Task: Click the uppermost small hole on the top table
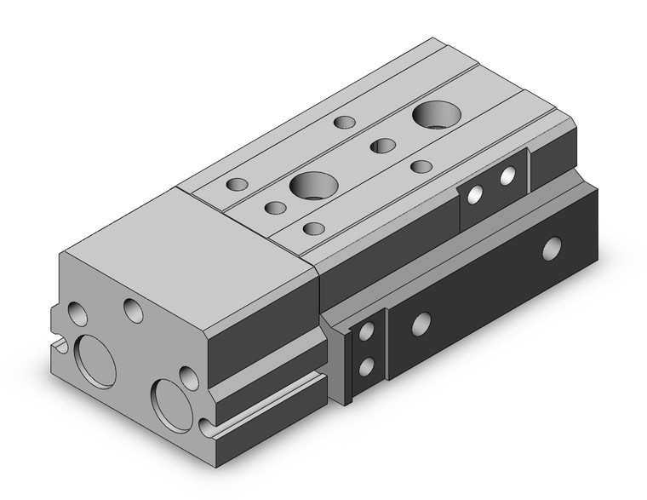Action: pyautogui.click(x=345, y=122)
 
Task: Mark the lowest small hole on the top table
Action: pyautogui.click(x=313, y=228)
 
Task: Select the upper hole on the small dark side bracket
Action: pyautogui.click(x=507, y=176)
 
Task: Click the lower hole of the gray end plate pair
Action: pyautogui.click(x=368, y=366)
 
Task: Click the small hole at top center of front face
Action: pyautogui.click(x=132, y=309)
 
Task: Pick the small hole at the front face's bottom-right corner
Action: pyautogui.click(x=203, y=428)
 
